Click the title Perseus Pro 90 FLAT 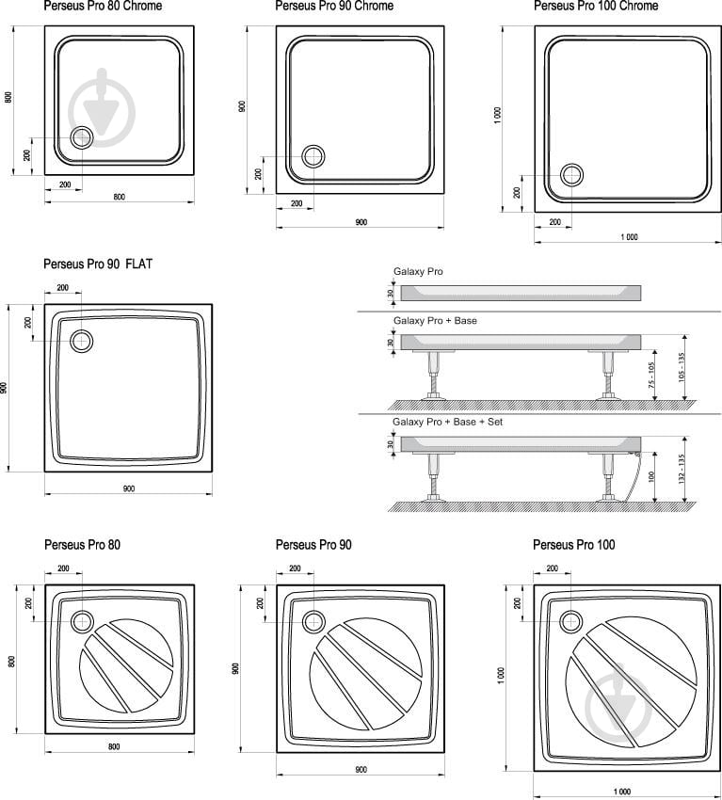[98, 264]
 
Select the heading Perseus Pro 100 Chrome [596, 7]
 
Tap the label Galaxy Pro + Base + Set [447, 422]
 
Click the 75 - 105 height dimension [651, 375]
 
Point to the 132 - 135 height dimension [682, 469]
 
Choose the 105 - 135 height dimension [682, 367]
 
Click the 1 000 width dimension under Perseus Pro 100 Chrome [629, 237]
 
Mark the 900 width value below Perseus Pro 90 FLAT [129, 488]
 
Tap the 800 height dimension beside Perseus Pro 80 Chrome [8, 98]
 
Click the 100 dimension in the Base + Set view [651, 476]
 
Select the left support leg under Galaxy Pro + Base [434, 375]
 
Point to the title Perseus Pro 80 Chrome [103, 7]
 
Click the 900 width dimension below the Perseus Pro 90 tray [361, 769]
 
